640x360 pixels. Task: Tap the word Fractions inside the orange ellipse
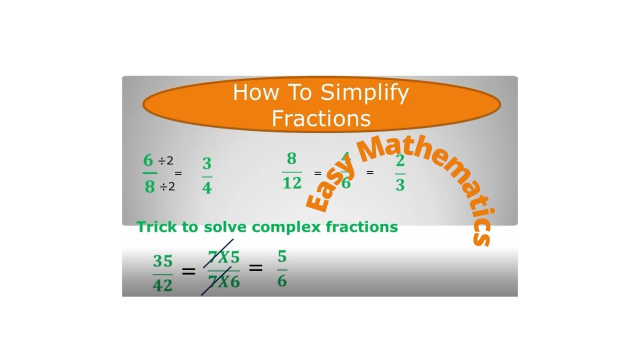click(321, 118)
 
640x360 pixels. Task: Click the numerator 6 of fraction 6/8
click(148, 160)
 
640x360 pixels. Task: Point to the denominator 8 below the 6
click(149, 187)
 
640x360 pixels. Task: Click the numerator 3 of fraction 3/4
click(207, 164)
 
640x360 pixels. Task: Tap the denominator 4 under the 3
click(207, 188)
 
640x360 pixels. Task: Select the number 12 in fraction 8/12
click(291, 183)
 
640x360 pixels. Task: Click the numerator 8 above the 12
click(291, 159)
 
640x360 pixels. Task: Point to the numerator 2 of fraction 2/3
click(400, 162)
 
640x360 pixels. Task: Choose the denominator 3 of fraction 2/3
click(400, 185)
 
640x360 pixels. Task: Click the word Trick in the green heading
click(156, 227)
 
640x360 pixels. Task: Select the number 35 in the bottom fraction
click(162, 261)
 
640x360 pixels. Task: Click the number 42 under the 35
click(162, 285)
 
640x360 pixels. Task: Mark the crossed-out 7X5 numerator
click(223, 258)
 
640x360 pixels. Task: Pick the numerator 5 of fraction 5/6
click(282, 257)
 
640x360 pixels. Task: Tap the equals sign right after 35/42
click(188, 272)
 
